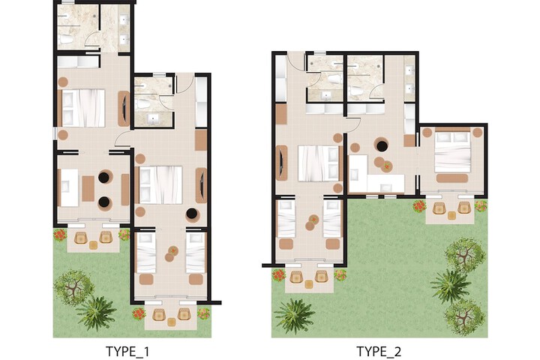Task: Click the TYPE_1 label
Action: click(x=127, y=352)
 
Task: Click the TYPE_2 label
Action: click(x=379, y=352)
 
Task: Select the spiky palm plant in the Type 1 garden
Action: click(x=96, y=313)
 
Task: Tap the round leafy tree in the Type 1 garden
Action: click(x=73, y=288)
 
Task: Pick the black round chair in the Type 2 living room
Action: click(x=382, y=145)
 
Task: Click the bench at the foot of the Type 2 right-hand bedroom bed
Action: click(x=451, y=178)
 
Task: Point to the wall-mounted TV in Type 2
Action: click(x=282, y=163)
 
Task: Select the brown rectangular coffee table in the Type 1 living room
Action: click(x=88, y=188)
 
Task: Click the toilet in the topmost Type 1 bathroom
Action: click(x=66, y=40)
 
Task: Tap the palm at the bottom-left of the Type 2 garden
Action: click(x=295, y=316)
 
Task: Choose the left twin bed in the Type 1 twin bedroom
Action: click(x=146, y=253)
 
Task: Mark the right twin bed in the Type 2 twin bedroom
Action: click(x=332, y=219)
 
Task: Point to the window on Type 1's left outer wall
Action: click(x=55, y=133)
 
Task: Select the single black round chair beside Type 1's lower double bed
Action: click(x=192, y=214)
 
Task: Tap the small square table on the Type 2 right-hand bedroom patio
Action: click(x=451, y=215)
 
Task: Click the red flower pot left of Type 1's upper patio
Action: click(x=60, y=235)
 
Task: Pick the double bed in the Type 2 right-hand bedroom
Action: click(x=452, y=152)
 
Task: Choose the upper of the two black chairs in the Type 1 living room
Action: click(x=103, y=178)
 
